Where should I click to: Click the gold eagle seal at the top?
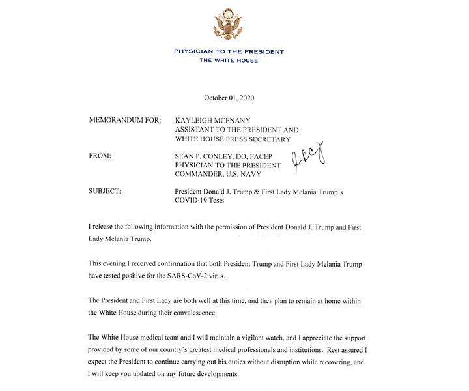click(228, 25)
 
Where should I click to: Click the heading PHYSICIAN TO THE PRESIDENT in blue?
click(228, 51)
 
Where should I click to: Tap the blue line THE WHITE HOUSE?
click(228, 61)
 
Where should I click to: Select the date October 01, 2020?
click(229, 98)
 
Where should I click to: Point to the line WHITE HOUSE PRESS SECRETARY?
click(233, 139)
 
